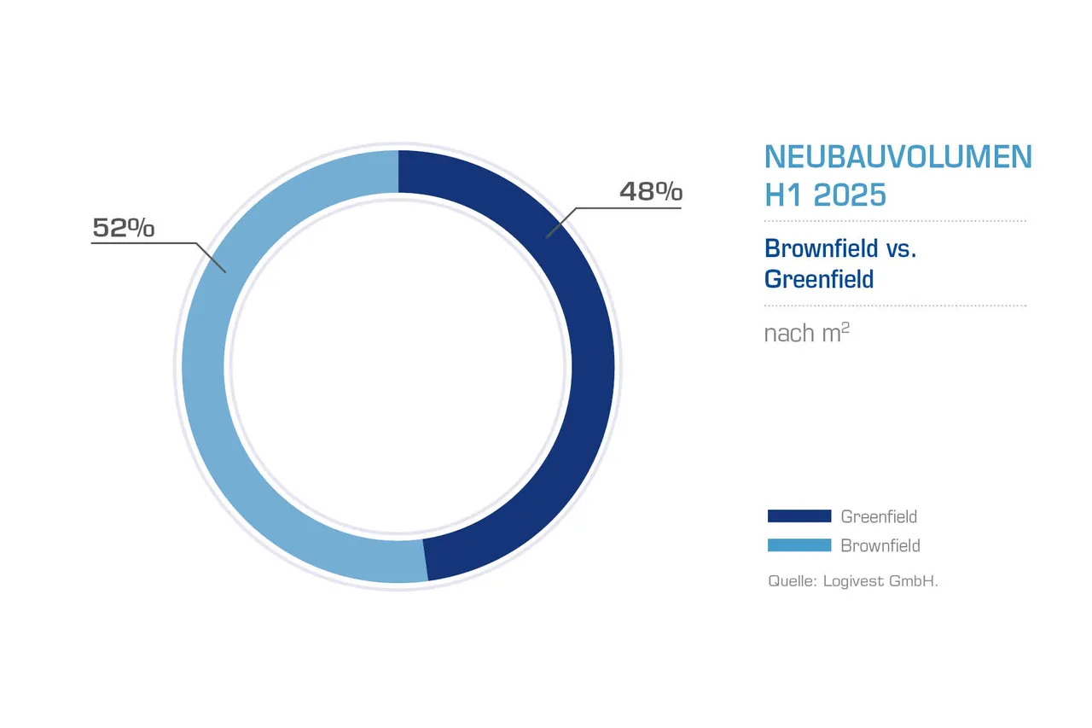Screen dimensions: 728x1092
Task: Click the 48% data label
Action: click(650, 192)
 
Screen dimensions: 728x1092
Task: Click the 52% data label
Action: click(124, 228)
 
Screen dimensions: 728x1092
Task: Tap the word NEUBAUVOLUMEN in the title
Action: click(897, 157)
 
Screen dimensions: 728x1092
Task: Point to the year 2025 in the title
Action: click(850, 195)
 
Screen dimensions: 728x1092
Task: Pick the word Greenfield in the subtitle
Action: click(819, 279)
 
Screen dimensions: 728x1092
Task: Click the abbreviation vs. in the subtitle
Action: click(901, 248)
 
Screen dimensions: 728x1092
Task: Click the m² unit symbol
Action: click(836, 332)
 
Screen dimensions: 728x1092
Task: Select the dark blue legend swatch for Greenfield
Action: click(799, 515)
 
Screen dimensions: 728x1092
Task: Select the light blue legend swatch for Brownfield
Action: click(799, 545)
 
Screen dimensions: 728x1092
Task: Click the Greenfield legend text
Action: click(879, 516)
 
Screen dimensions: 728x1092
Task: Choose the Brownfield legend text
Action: click(880, 545)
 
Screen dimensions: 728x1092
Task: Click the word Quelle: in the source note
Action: click(793, 581)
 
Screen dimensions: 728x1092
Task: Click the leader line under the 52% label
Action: click(145, 244)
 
